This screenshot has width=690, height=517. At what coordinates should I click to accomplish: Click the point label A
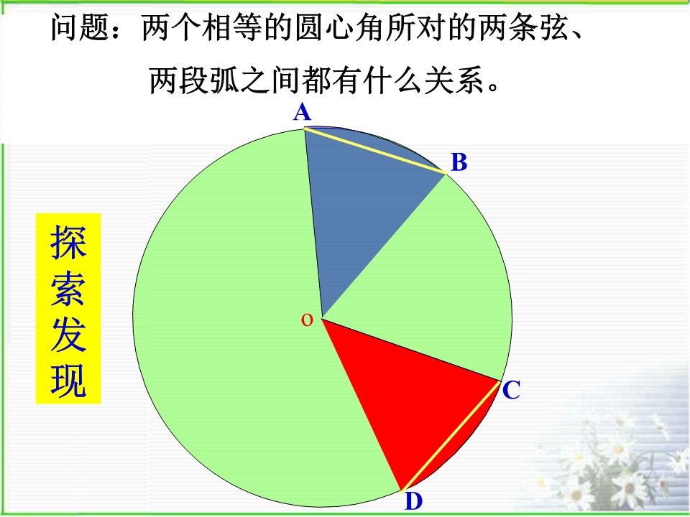click(303, 112)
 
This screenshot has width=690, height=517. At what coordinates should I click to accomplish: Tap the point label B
click(459, 162)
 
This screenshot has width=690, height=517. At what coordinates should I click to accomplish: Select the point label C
click(511, 390)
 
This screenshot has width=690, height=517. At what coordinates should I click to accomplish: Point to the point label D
click(414, 501)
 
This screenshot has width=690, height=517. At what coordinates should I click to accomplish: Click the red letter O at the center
click(307, 320)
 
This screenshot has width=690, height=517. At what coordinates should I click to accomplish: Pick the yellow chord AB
click(375, 150)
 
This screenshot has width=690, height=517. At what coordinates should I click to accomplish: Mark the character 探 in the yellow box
click(68, 242)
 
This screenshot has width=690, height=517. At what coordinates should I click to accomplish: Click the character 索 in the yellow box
click(68, 289)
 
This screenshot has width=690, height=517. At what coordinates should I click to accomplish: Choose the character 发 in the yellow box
click(68, 335)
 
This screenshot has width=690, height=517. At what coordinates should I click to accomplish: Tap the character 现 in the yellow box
click(68, 381)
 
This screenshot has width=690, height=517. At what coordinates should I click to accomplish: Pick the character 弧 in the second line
click(225, 80)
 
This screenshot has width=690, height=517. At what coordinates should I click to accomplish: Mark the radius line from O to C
click(411, 350)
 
